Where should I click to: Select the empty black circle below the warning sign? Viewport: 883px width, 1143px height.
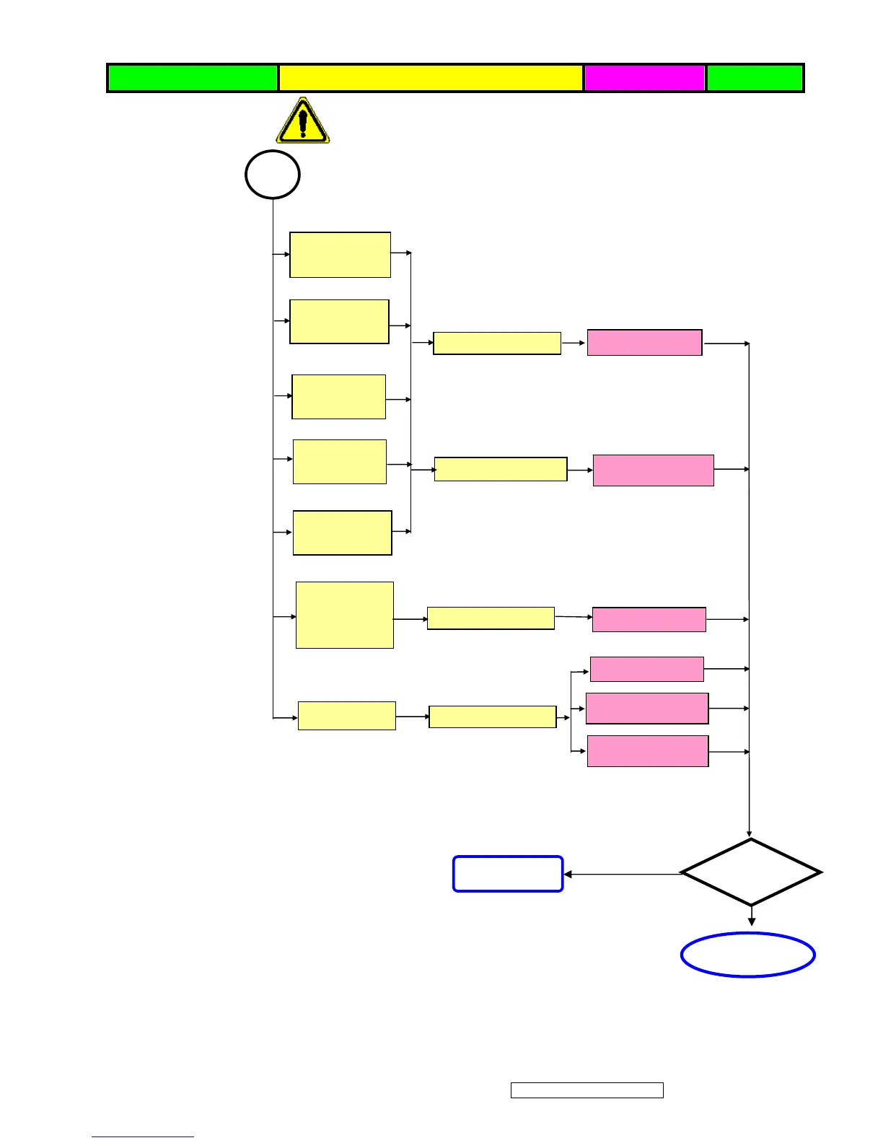[x=273, y=175]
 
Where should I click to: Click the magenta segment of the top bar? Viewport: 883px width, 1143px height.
[x=644, y=78]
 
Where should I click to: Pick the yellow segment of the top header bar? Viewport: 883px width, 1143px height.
[x=431, y=78]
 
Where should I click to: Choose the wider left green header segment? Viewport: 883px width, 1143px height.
[x=193, y=78]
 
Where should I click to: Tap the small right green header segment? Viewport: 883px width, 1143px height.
[x=755, y=78]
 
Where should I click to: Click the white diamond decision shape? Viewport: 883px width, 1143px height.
[x=751, y=872]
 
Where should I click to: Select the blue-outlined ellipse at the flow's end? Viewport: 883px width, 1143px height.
[x=748, y=955]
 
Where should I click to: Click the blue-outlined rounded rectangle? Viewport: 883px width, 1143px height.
[x=508, y=874]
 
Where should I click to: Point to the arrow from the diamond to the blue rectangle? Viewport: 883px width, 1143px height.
[x=622, y=874]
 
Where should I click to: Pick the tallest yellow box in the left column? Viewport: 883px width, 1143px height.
[x=345, y=615]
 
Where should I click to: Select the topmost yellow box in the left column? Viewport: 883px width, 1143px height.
[x=340, y=255]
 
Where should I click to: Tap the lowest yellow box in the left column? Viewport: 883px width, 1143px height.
[x=347, y=716]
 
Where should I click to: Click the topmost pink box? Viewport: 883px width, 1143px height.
[x=644, y=342]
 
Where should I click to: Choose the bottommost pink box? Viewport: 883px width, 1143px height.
[x=648, y=751]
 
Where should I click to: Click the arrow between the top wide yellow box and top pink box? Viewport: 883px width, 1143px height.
[x=574, y=343]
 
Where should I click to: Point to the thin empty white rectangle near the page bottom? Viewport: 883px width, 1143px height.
[x=587, y=1090]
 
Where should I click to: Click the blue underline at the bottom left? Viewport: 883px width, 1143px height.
[x=143, y=1137]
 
